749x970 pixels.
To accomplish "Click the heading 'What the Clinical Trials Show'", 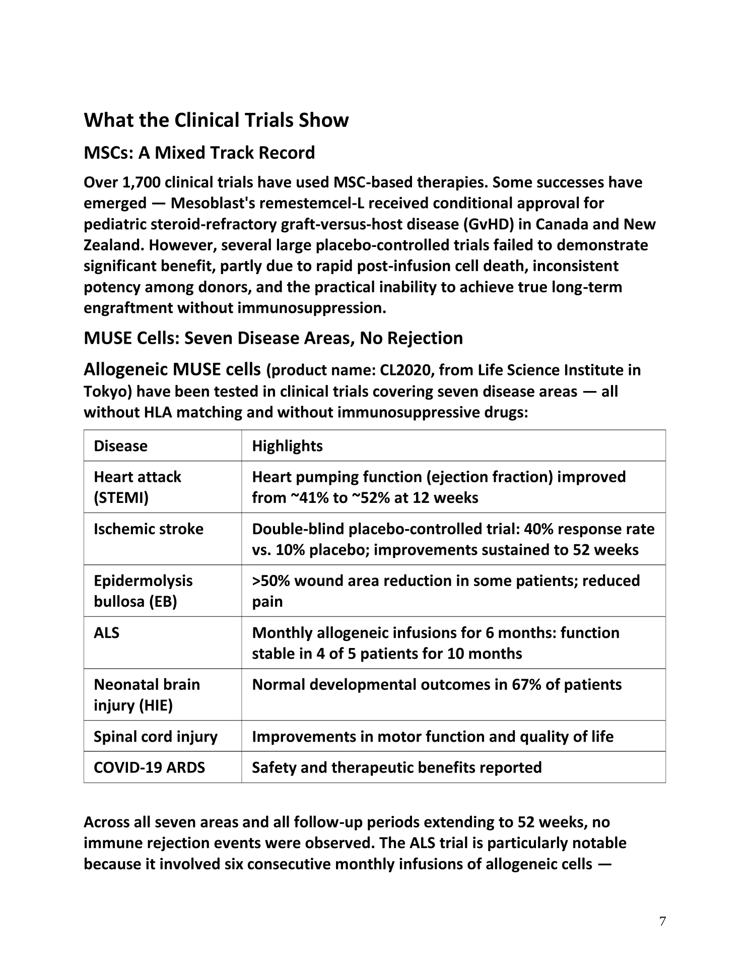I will coord(216,120).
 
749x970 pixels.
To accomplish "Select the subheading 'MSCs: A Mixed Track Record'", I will coord(199,153).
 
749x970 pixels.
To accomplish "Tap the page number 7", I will coord(662,921).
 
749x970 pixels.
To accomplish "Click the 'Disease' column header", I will coord(120,446).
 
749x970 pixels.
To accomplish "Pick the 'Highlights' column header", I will coord(287,446).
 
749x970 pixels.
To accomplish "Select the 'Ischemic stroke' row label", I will coord(149,529).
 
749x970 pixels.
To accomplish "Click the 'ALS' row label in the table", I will coord(106,633).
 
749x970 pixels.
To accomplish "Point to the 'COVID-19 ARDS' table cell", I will coord(149,767).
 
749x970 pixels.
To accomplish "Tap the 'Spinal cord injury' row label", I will coord(156,737).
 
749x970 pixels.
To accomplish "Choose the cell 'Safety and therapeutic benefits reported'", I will coord(396,767).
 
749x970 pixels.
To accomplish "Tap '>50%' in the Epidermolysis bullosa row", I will coord(270,581).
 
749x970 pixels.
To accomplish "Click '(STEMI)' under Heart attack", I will coord(121,498).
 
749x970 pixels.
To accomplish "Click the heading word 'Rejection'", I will coord(425,338).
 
